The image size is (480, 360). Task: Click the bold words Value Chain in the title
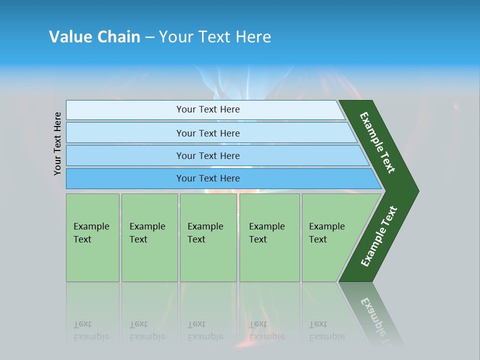[94, 37]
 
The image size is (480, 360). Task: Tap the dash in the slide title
[149, 37]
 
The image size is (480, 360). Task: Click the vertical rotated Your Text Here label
[58, 143]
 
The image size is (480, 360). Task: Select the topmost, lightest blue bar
[125, 110]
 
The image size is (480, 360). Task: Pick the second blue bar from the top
[125, 133]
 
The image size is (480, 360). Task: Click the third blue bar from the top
[125, 155]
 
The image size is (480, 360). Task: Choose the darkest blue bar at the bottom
[125, 178]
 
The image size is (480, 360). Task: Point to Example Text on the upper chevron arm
[377, 142]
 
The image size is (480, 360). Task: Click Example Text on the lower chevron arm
[379, 236]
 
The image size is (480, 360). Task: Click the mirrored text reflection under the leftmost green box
[91, 330]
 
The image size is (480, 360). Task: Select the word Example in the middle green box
[205, 226]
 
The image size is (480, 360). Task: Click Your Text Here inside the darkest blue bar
[208, 178]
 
